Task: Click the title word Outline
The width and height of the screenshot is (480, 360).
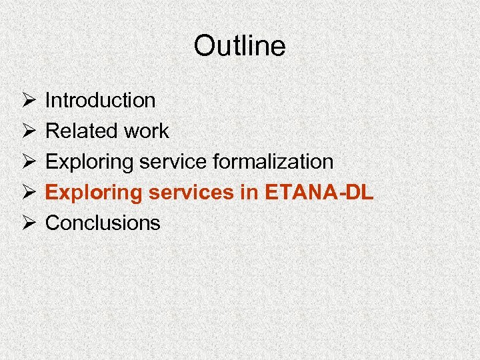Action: coord(239,46)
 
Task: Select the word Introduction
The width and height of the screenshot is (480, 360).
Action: coord(100,101)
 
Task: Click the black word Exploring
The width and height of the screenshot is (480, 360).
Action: coord(85,162)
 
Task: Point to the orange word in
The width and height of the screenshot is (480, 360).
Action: coord(250,193)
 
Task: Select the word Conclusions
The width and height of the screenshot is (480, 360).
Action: coord(103,223)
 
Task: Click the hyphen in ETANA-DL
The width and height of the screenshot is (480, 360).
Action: coord(339,195)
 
